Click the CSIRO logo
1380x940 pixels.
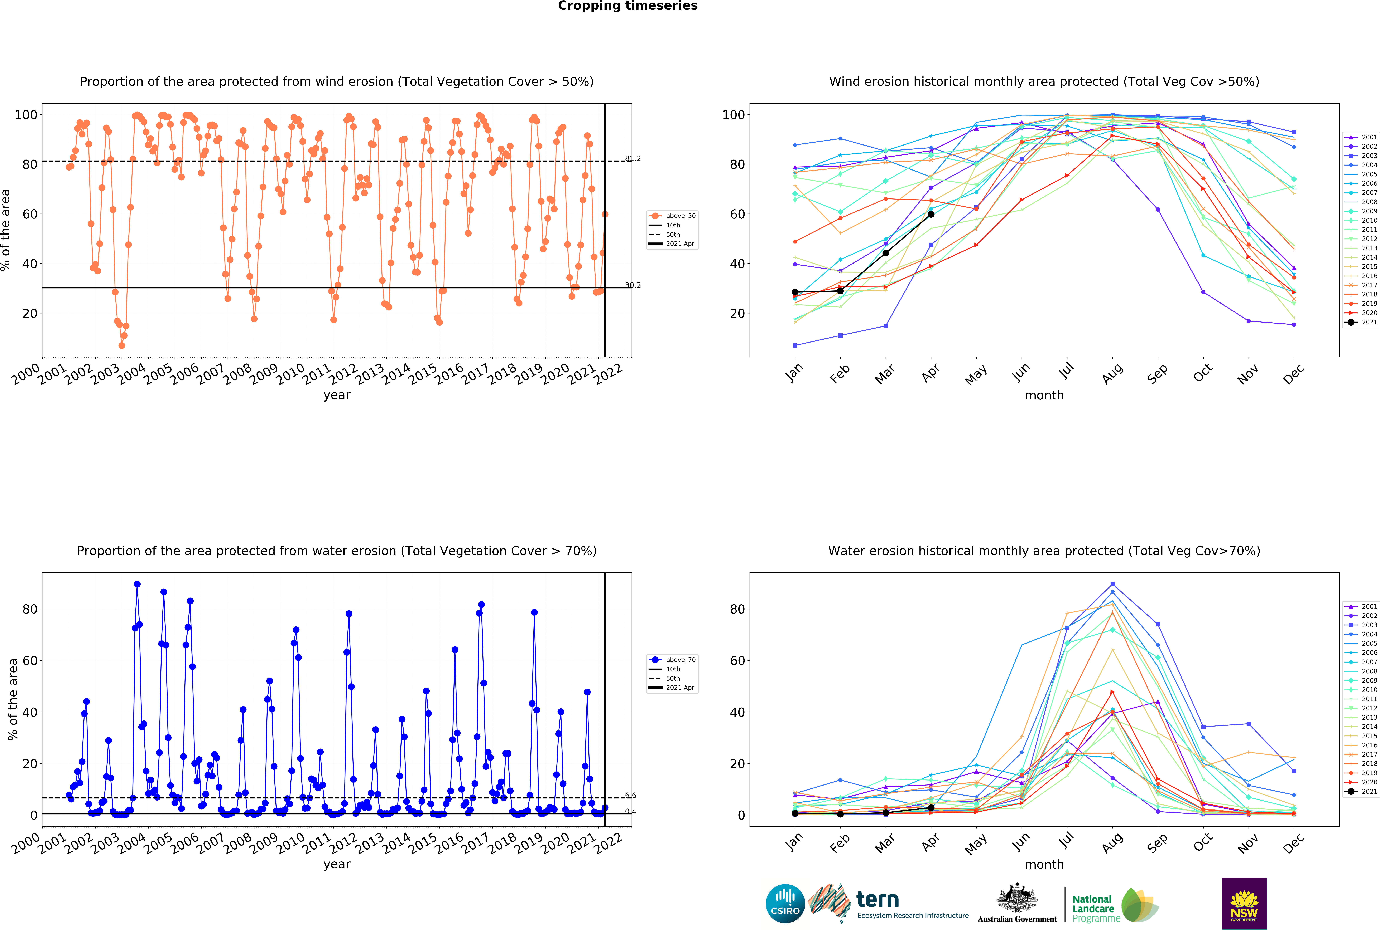click(785, 904)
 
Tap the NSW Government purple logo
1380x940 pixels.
click(1244, 903)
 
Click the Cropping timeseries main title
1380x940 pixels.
click(628, 6)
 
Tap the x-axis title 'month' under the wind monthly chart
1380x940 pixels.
click(1044, 395)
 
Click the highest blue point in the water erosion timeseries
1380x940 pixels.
click(137, 584)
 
